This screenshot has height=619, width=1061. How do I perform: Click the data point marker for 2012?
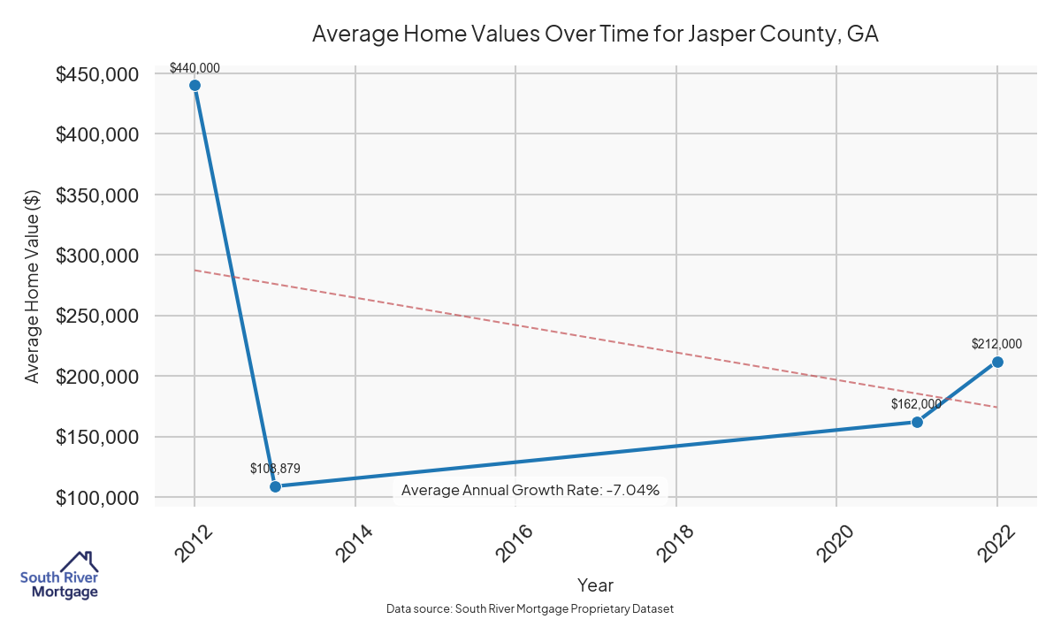pyautogui.click(x=195, y=85)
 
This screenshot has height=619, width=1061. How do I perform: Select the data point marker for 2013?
pyautogui.click(x=275, y=486)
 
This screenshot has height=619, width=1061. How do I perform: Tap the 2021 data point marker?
pyautogui.click(x=917, y=422)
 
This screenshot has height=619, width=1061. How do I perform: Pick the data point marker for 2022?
pyautogui.click(x=997, y=362)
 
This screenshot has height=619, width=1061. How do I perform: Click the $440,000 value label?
pyautogui.click(x=195, y=68)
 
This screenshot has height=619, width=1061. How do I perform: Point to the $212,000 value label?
pyautogui.click(x=996, y=344)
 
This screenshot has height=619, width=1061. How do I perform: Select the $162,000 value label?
pyautogui.click(x=916, y=404)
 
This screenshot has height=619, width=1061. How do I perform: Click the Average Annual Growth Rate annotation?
pyautogui.click(x=530, y=490)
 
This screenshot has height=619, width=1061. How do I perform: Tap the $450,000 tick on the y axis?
pyautogui.click(x=97, y=74)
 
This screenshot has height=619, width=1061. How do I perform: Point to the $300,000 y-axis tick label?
pyautogui.click(x=97, y=256)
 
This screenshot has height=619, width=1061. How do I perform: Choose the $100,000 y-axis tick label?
pyautogui.click(x=97, y=498)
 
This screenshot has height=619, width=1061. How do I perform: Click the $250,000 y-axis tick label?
pyautogui.click(x=97, y=317)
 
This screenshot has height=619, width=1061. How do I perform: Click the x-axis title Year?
pyautogui.click(x=595, y=585)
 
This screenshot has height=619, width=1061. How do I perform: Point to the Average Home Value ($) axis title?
pyautogui.click(x=32, y=285)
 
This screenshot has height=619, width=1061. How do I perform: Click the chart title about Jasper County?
pyautogui.click(x=595, y=34)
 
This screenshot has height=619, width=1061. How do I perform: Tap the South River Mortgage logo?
pyautogui.click(x=59, y=576)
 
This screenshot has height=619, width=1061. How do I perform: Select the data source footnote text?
pyautogui.click(x=530, y=609)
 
